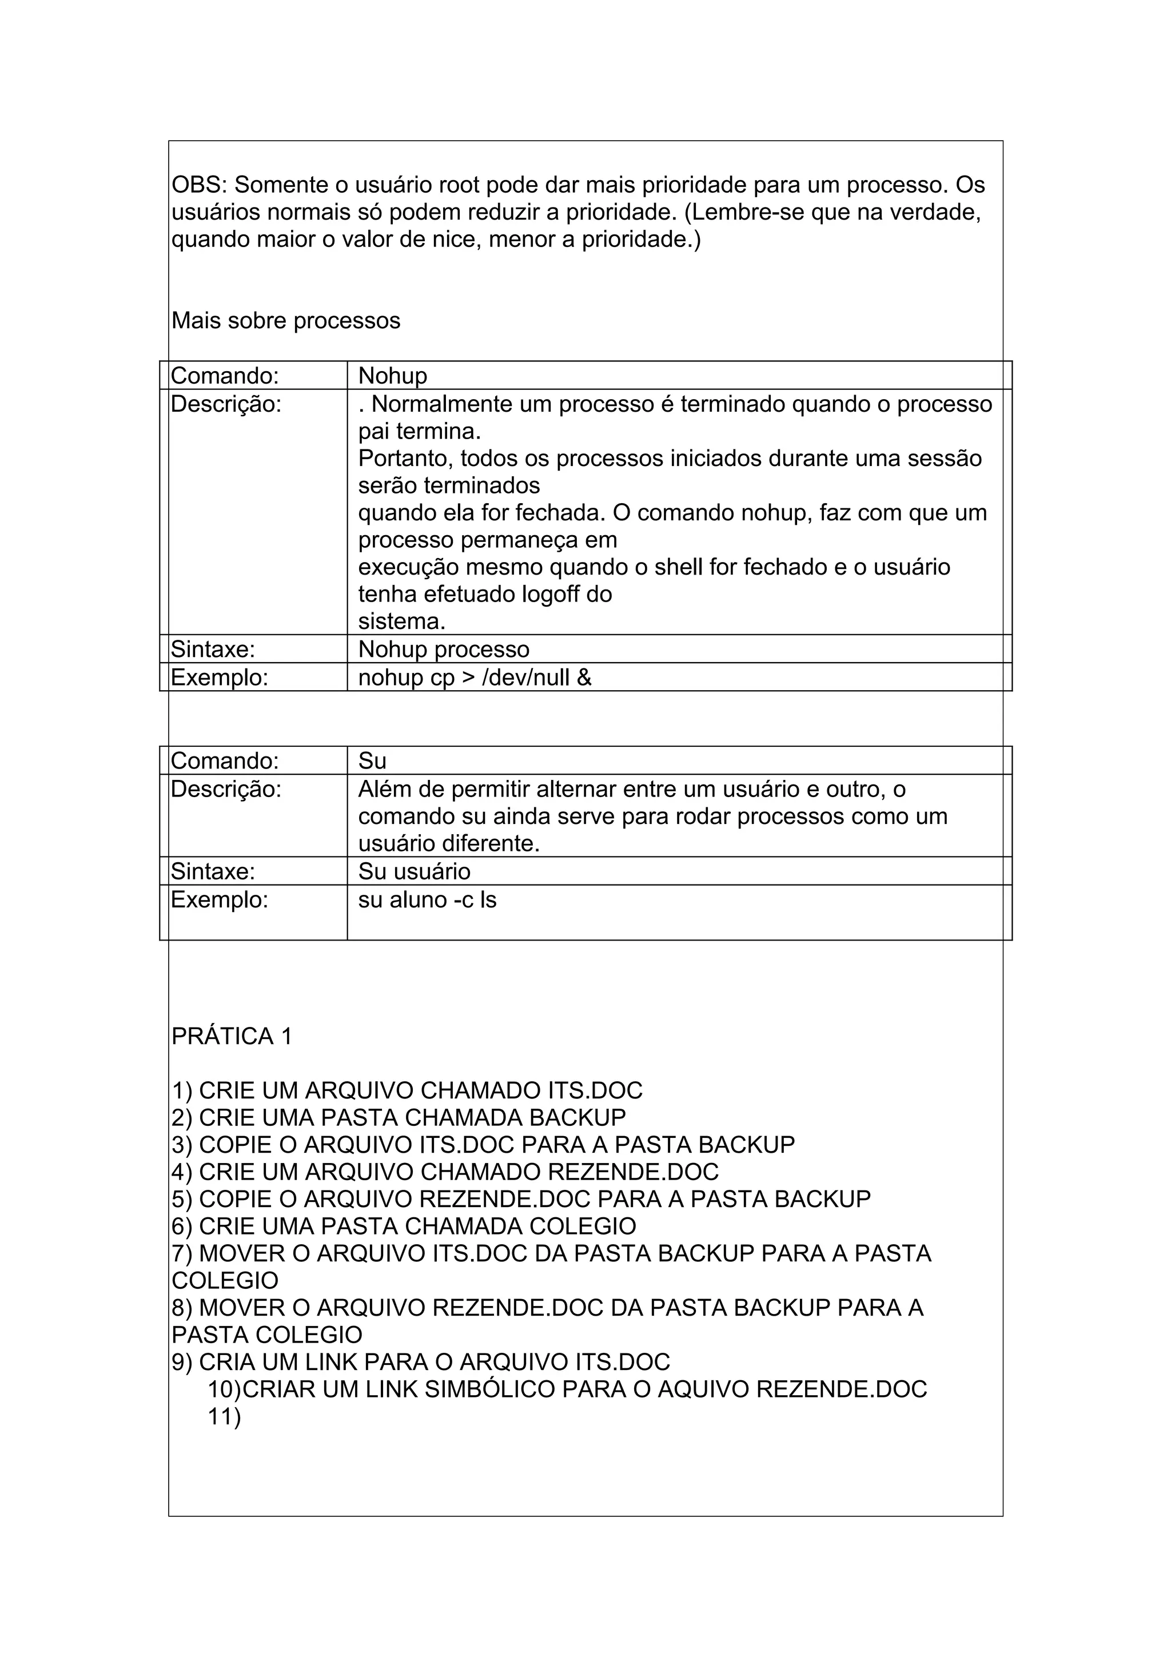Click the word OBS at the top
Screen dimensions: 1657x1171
[x=196, y=185]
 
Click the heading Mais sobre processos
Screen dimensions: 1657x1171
[x=286, y=320]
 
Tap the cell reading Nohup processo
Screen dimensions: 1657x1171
[x=444, y=650]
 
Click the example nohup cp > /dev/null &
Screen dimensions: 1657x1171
[x=475, y=678]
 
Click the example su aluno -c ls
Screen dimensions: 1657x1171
[x=427, y=900]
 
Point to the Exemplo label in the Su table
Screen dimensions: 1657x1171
[x=220, y=900]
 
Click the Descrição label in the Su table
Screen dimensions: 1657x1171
[x=225, y=790]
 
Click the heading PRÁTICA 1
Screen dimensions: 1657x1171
[x=232, y=1037]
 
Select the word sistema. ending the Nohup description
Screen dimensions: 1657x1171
[x=402, y=622]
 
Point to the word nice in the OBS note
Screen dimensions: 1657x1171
[x=455, y=240]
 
